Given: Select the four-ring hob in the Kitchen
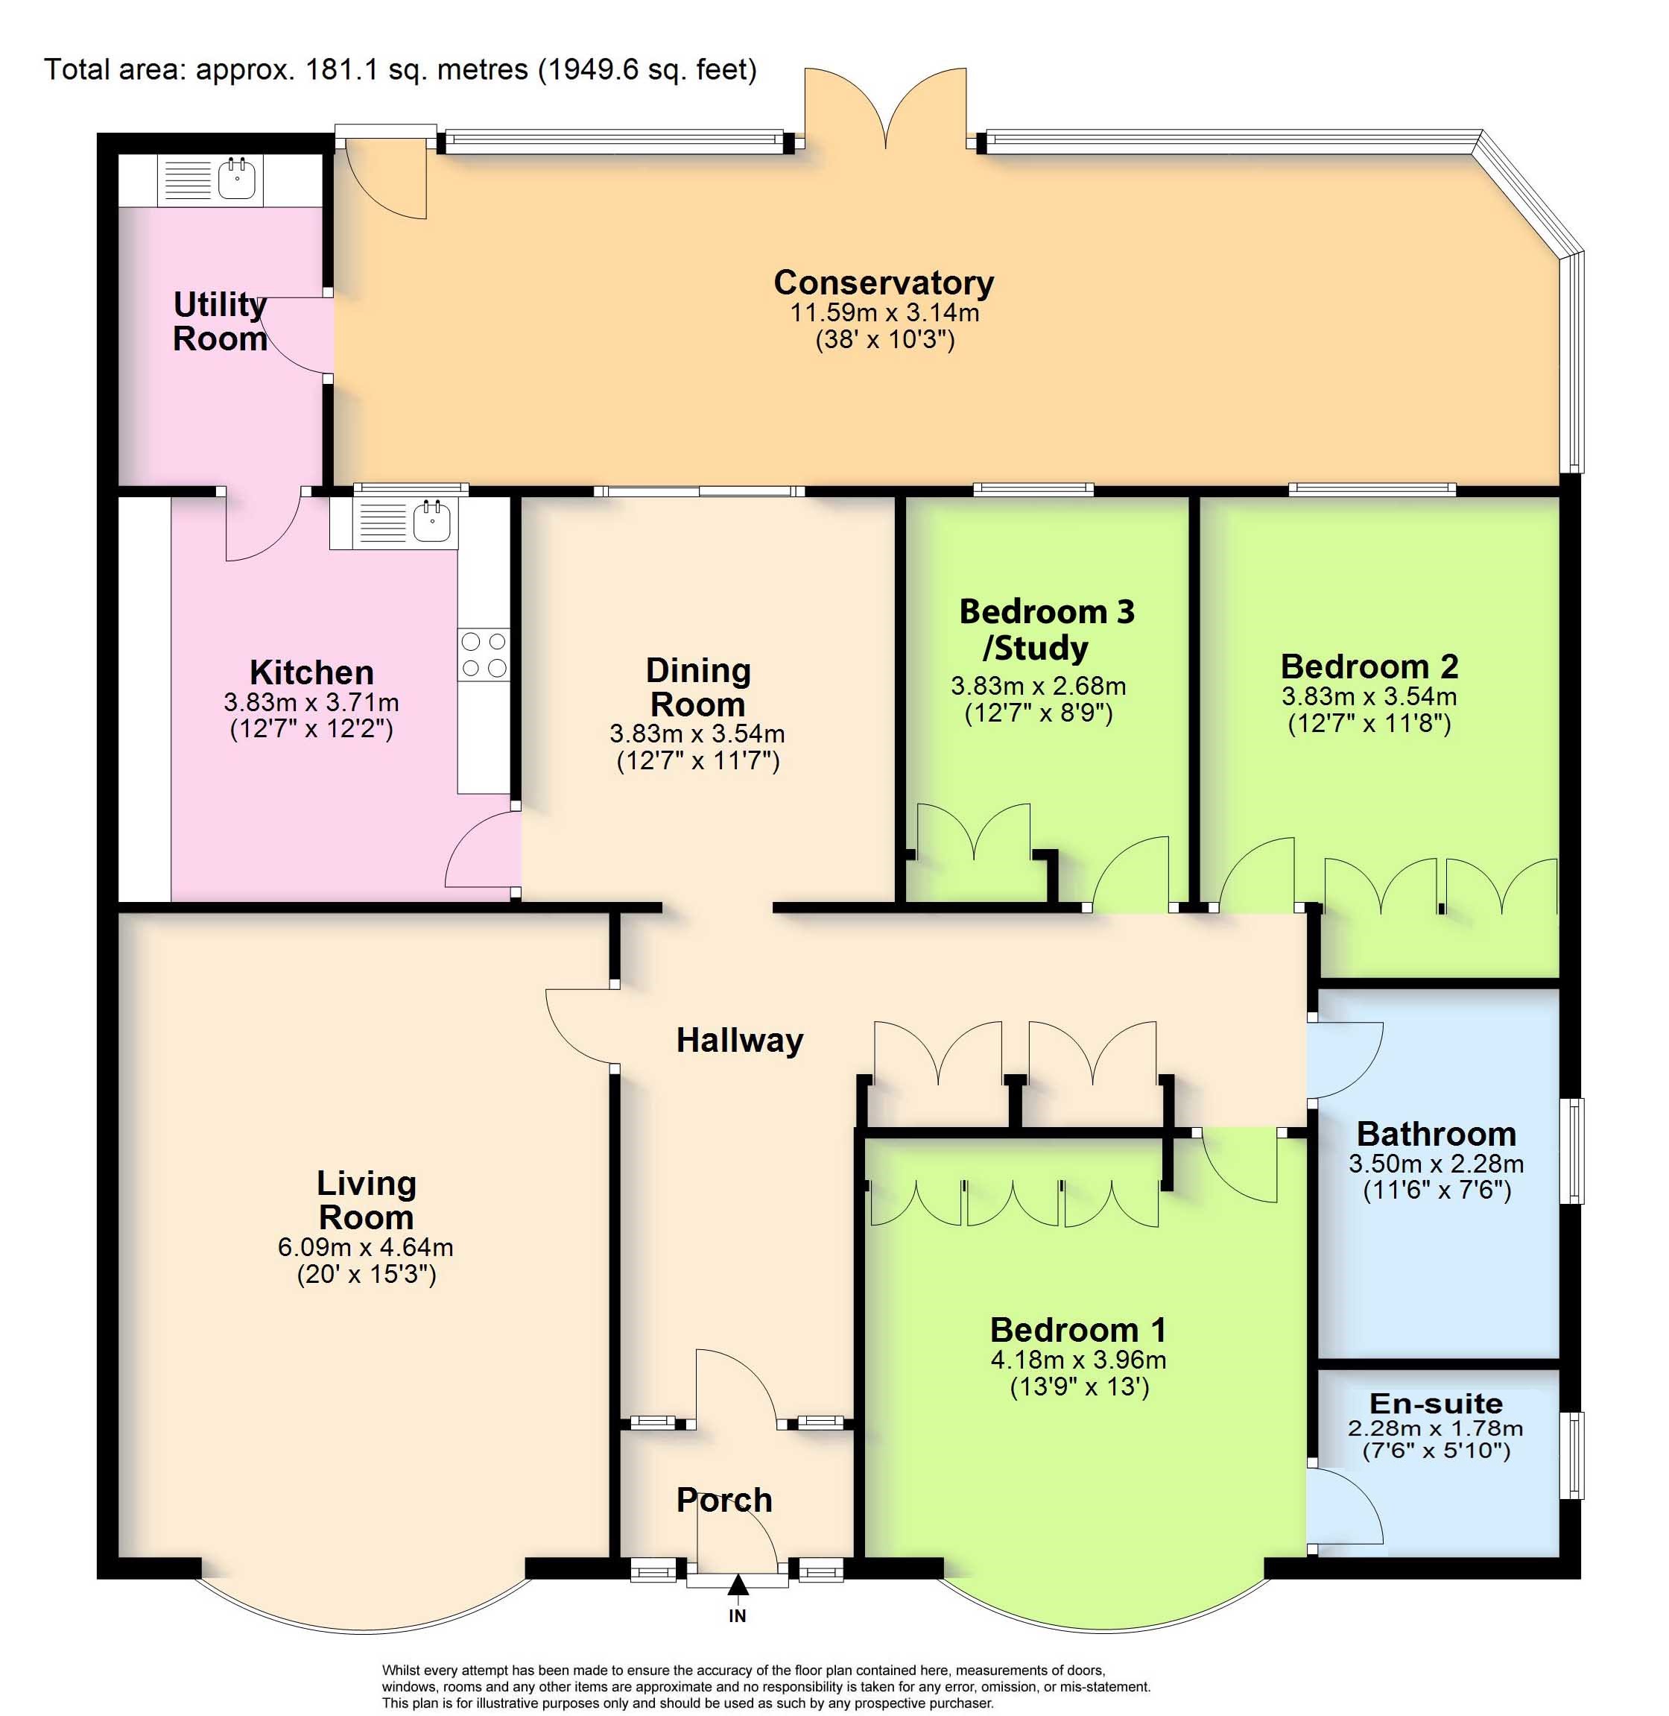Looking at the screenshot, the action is [484, 654].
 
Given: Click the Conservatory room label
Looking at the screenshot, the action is [884, 283].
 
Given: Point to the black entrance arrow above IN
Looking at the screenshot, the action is [738, 1583].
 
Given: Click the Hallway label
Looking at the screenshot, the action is [740, 1040].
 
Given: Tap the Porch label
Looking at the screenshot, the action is [724, 1501].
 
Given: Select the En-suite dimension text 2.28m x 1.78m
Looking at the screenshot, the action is [1436, 1428].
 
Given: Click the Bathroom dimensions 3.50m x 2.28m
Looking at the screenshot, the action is [1436, 1164].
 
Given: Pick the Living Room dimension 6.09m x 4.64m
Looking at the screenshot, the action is [366, 1247].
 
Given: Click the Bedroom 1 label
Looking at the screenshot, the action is [1078, 1330].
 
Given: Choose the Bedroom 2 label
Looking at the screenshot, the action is [1369, 666].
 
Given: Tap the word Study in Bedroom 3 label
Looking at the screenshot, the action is [1036, 648].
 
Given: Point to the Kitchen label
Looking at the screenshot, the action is [311, 672].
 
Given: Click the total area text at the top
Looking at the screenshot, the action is [401, 69].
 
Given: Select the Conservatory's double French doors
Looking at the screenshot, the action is [886, 110].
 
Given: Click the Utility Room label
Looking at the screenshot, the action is [219, 321].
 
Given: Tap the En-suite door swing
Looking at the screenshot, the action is [1345, 1506].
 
